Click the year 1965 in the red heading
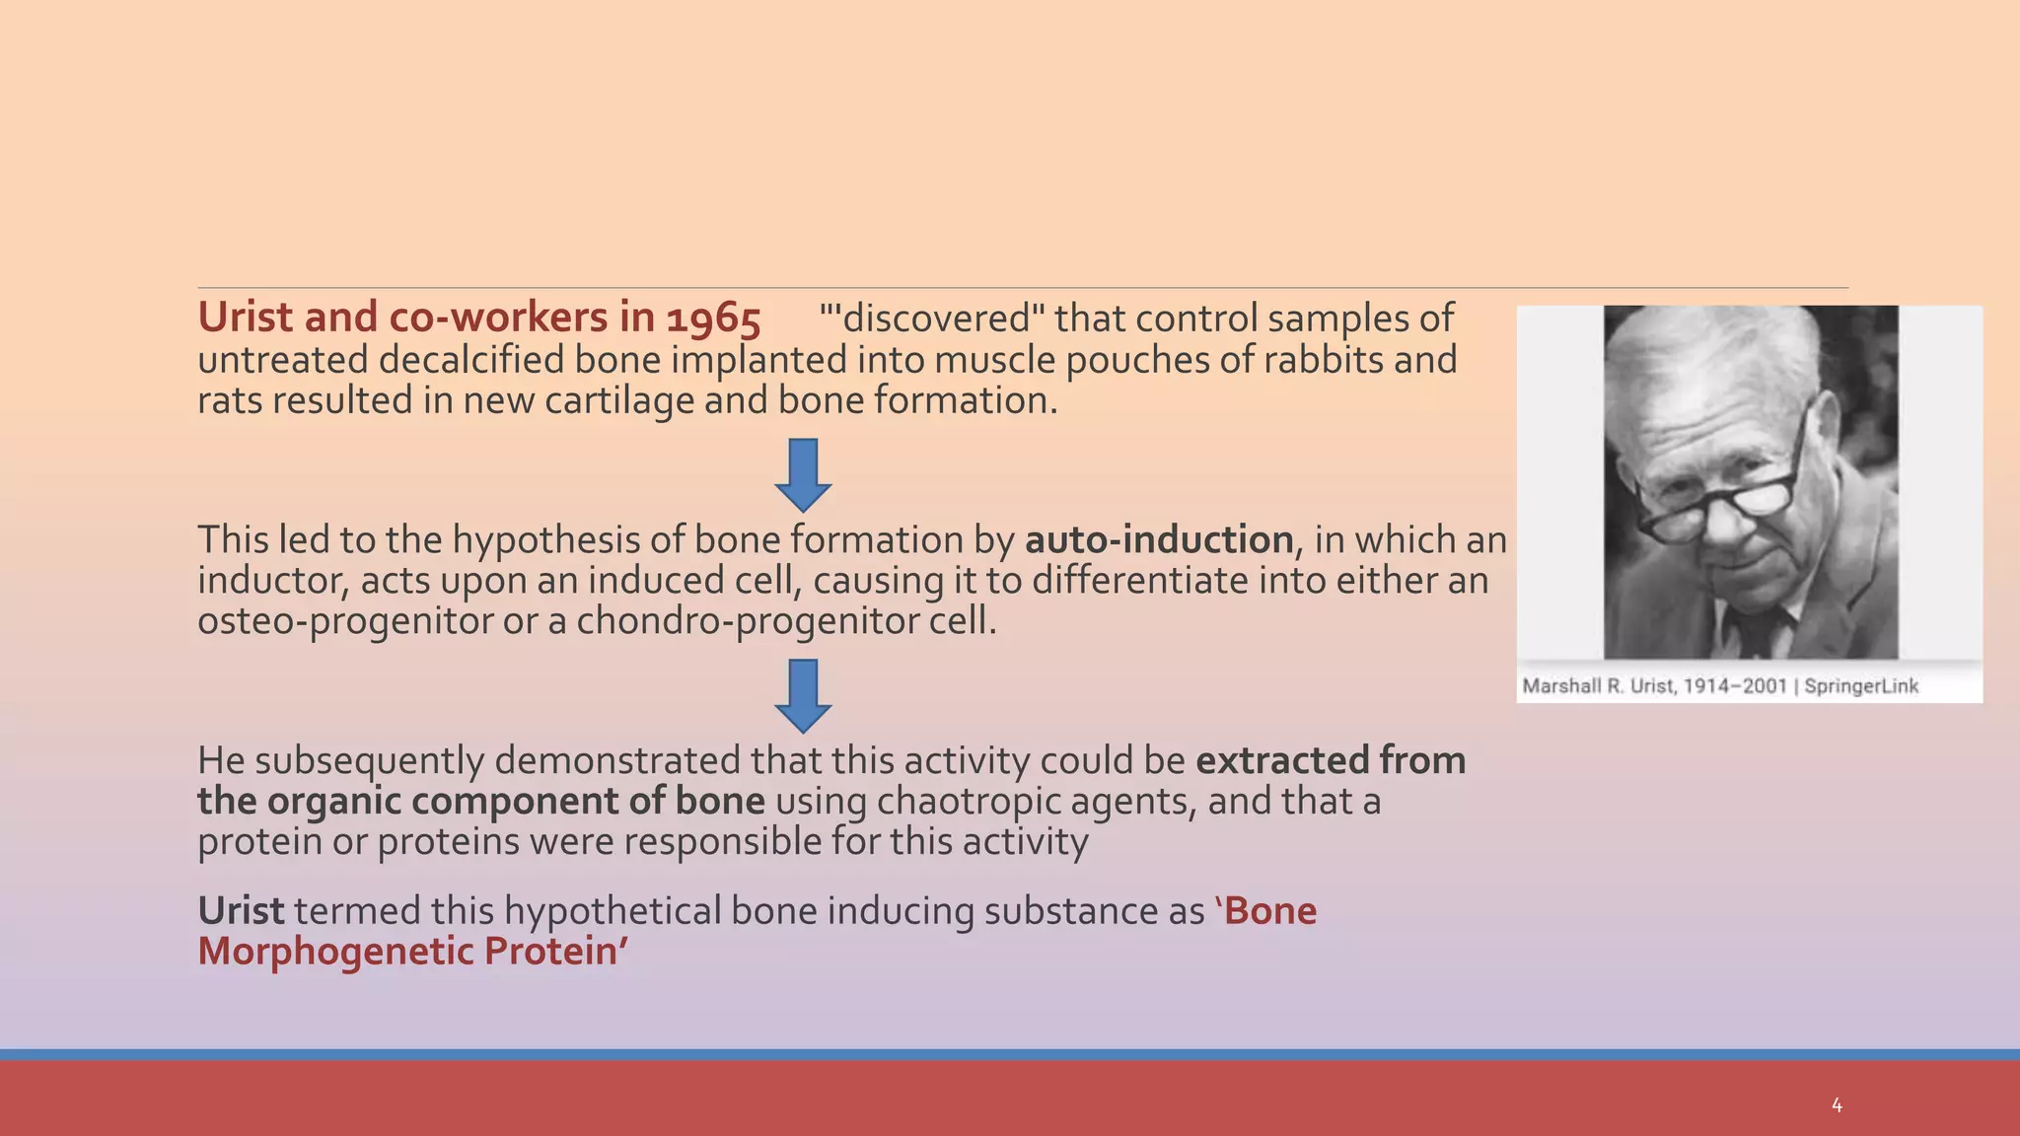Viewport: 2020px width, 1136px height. click(713, 319)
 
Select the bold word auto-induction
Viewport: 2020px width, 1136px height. click(1159, 540)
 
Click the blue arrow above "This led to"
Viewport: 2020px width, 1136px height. click(803, 474)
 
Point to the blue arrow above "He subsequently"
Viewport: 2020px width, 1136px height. click(803, 695)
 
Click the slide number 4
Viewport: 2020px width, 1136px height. click(1836, 1105)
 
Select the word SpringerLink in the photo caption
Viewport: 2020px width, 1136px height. click(1861, 686)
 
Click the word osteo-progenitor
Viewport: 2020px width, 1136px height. click(344, 621)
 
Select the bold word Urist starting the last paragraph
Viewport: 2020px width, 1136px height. click(241, 911)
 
